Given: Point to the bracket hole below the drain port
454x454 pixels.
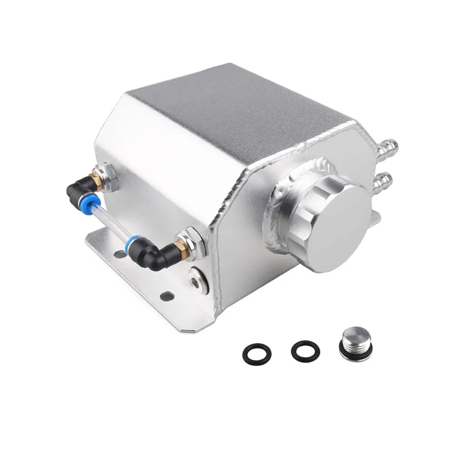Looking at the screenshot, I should point(168,296).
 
